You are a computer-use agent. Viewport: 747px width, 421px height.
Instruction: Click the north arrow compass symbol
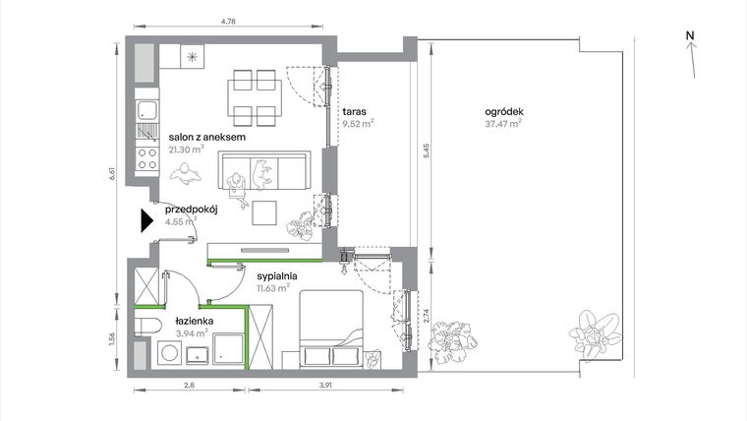[692, 54]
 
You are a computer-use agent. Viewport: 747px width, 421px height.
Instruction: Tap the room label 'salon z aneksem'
[206, 138]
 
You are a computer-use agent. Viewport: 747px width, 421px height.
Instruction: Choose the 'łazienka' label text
[196, 321]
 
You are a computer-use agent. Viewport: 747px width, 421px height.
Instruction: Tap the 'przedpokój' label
[190, 209]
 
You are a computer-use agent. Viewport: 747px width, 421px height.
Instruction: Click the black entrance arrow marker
[146, 221]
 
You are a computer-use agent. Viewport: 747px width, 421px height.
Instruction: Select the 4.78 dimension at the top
[227, 20]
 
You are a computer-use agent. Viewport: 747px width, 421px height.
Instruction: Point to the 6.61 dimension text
[114, 172]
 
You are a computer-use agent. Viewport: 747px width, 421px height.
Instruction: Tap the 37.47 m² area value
[502, 124]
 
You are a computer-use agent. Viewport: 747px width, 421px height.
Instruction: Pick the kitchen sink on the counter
[146, 108]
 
